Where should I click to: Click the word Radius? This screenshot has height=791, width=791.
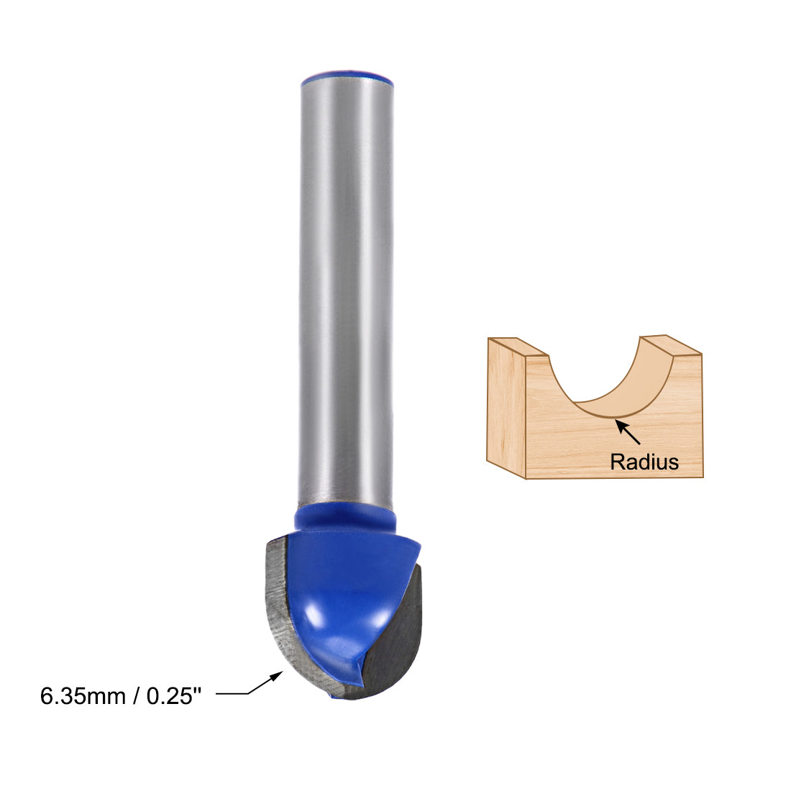(x=644, y=462)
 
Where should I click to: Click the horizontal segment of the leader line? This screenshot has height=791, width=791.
(x=232, y=694)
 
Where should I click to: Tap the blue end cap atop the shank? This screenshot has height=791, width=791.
(x=346, y=75)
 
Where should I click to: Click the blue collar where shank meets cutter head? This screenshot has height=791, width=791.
(x=345, y=519)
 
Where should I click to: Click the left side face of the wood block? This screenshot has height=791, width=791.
(x=506, y=410)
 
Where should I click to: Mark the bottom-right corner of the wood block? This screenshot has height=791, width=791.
(x=703, y=477)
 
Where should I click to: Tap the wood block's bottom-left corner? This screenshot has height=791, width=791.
(x=527, y=478)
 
